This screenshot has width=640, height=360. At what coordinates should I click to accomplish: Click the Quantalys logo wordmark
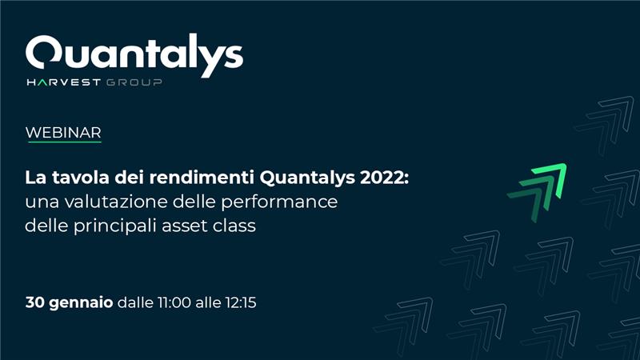click(x=134, y=55)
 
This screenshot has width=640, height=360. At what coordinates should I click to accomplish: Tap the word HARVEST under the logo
click(x=64, y=82)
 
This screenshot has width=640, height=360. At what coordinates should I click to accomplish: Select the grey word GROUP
click(x=134, y=82)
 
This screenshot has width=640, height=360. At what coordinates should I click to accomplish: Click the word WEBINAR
click(x=63, y=133)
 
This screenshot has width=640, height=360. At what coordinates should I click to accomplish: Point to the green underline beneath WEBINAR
click(x=65, y=142)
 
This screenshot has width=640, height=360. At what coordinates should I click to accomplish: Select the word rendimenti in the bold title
click(x=202, y=178)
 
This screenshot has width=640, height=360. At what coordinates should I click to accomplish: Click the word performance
click(x=279, y=202)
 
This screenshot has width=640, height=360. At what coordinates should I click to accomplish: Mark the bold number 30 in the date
click(x=34, y=302)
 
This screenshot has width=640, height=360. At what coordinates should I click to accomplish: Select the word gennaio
click(x=81, y=303)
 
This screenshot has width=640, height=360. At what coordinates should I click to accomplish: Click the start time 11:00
click(x=174, y=302)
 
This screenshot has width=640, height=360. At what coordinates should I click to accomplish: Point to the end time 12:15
click(x=241, y=302)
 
